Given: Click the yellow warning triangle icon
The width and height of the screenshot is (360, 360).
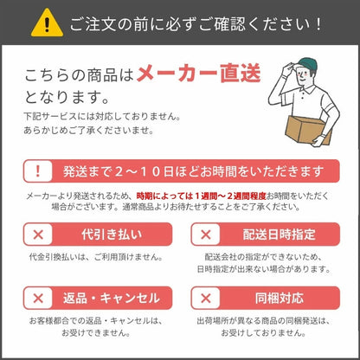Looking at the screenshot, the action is (47, 23).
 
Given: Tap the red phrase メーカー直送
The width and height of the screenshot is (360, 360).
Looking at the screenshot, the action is (199, 74).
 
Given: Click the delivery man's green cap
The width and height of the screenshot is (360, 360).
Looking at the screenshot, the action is (307, 64).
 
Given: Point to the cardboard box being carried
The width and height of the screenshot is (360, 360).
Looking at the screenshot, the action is (307, 130).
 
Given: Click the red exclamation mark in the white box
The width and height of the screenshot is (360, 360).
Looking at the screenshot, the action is (38, 171).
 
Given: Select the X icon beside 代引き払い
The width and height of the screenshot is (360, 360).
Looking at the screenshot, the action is (38, 235).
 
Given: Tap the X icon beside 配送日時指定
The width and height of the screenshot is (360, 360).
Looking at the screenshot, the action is (206, 235).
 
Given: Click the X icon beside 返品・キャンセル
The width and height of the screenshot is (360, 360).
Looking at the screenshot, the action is (38, 299).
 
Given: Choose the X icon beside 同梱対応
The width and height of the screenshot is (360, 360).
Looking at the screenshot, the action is (206, 299).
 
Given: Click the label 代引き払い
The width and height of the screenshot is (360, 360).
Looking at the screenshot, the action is (112, 235).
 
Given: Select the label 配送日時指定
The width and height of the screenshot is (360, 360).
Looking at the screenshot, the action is (279, 235).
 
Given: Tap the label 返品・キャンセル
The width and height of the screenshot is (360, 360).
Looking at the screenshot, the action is (112, 299).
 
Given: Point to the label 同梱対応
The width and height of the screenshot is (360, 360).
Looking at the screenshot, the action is (280, 299).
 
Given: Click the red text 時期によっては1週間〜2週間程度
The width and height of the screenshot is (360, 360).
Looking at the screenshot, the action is (201, 196).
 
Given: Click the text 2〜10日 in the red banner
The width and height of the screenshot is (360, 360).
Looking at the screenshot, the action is (138, 171).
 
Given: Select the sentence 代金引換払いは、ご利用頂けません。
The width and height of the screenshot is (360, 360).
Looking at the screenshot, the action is (96, 257).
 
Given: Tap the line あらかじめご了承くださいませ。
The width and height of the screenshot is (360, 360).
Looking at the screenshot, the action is (89, 131).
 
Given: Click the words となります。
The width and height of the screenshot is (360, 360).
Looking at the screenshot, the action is (67, 97).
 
